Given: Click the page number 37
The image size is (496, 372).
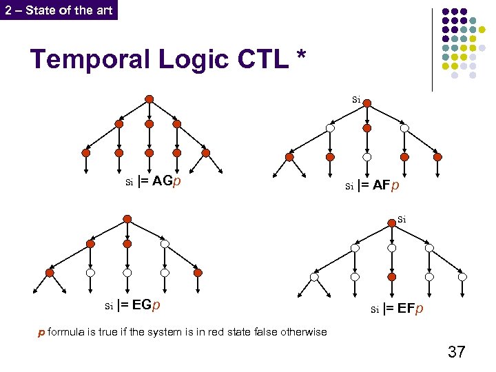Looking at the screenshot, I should click(456, 352).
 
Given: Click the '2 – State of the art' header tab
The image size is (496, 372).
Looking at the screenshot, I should click(59, 10).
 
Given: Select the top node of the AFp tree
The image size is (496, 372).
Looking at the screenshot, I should click(367, 103).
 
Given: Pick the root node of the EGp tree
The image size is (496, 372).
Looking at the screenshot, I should click(127, 218).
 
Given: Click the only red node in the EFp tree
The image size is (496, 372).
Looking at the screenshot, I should click(392, 277).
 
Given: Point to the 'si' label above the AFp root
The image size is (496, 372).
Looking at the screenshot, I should click(356, 99).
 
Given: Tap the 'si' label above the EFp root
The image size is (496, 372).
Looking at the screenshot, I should click(402, 219).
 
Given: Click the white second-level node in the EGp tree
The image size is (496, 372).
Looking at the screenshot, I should click(165, 244).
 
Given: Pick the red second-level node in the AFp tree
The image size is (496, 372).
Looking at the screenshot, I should click(367, 128).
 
